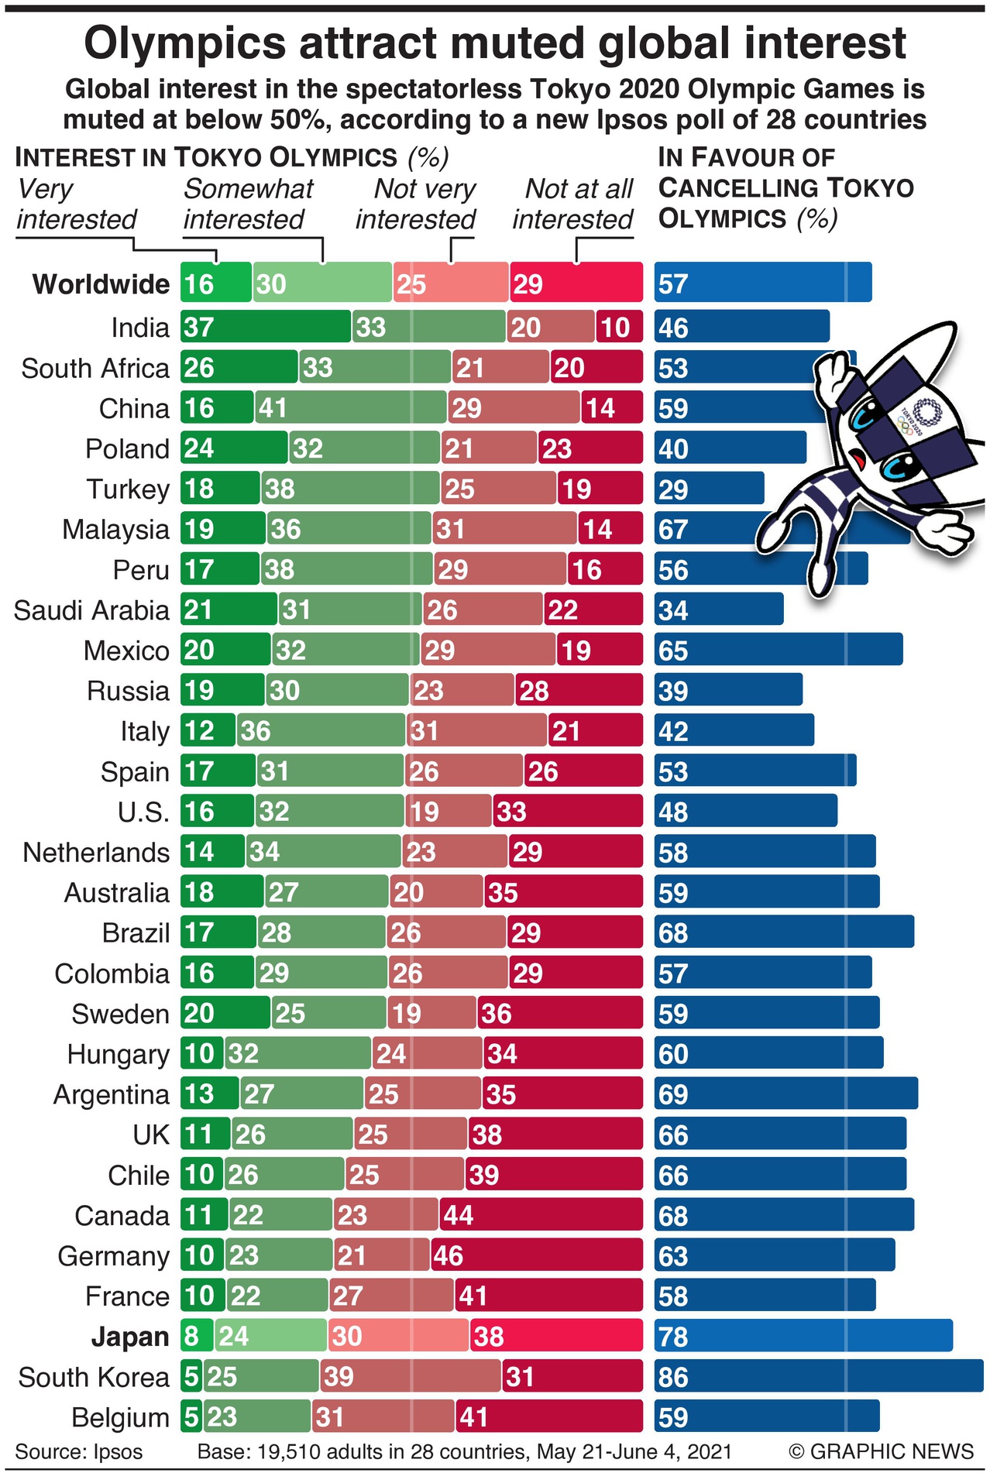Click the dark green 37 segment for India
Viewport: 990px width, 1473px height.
pos(266,327)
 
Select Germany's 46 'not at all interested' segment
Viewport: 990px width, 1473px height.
pos(536,1255)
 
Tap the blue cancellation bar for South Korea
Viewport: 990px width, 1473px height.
pos(818,1376)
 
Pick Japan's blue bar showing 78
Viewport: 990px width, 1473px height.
pos(803,1336)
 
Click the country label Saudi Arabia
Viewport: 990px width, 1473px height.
pos(91,610)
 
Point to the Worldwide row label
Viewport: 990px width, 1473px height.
pos(101,284)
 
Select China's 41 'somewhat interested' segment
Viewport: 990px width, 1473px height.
pos(351,407)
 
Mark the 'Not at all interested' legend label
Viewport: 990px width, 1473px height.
pos(573,204)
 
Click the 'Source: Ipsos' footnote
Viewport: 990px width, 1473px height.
pos(79,1451)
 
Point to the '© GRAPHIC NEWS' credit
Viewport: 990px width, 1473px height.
pos(881,1451)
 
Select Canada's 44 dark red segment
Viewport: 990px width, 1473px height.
pos(541,1214)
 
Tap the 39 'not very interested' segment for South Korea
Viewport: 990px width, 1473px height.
pos(411,1376)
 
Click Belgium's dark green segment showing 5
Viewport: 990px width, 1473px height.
pos(191,1416)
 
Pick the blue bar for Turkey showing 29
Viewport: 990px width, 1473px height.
pos(709,489)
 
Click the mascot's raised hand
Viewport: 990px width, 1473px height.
pos(832,373)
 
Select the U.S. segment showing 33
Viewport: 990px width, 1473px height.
pos(567,811)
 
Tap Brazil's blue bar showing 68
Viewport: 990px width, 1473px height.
pos(784,932)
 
